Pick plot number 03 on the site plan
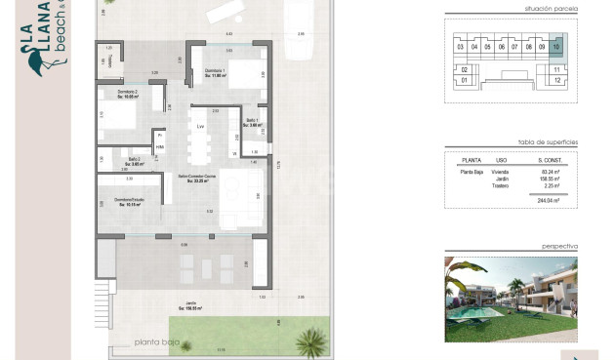(459, 46)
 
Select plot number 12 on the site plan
(555, 81)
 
